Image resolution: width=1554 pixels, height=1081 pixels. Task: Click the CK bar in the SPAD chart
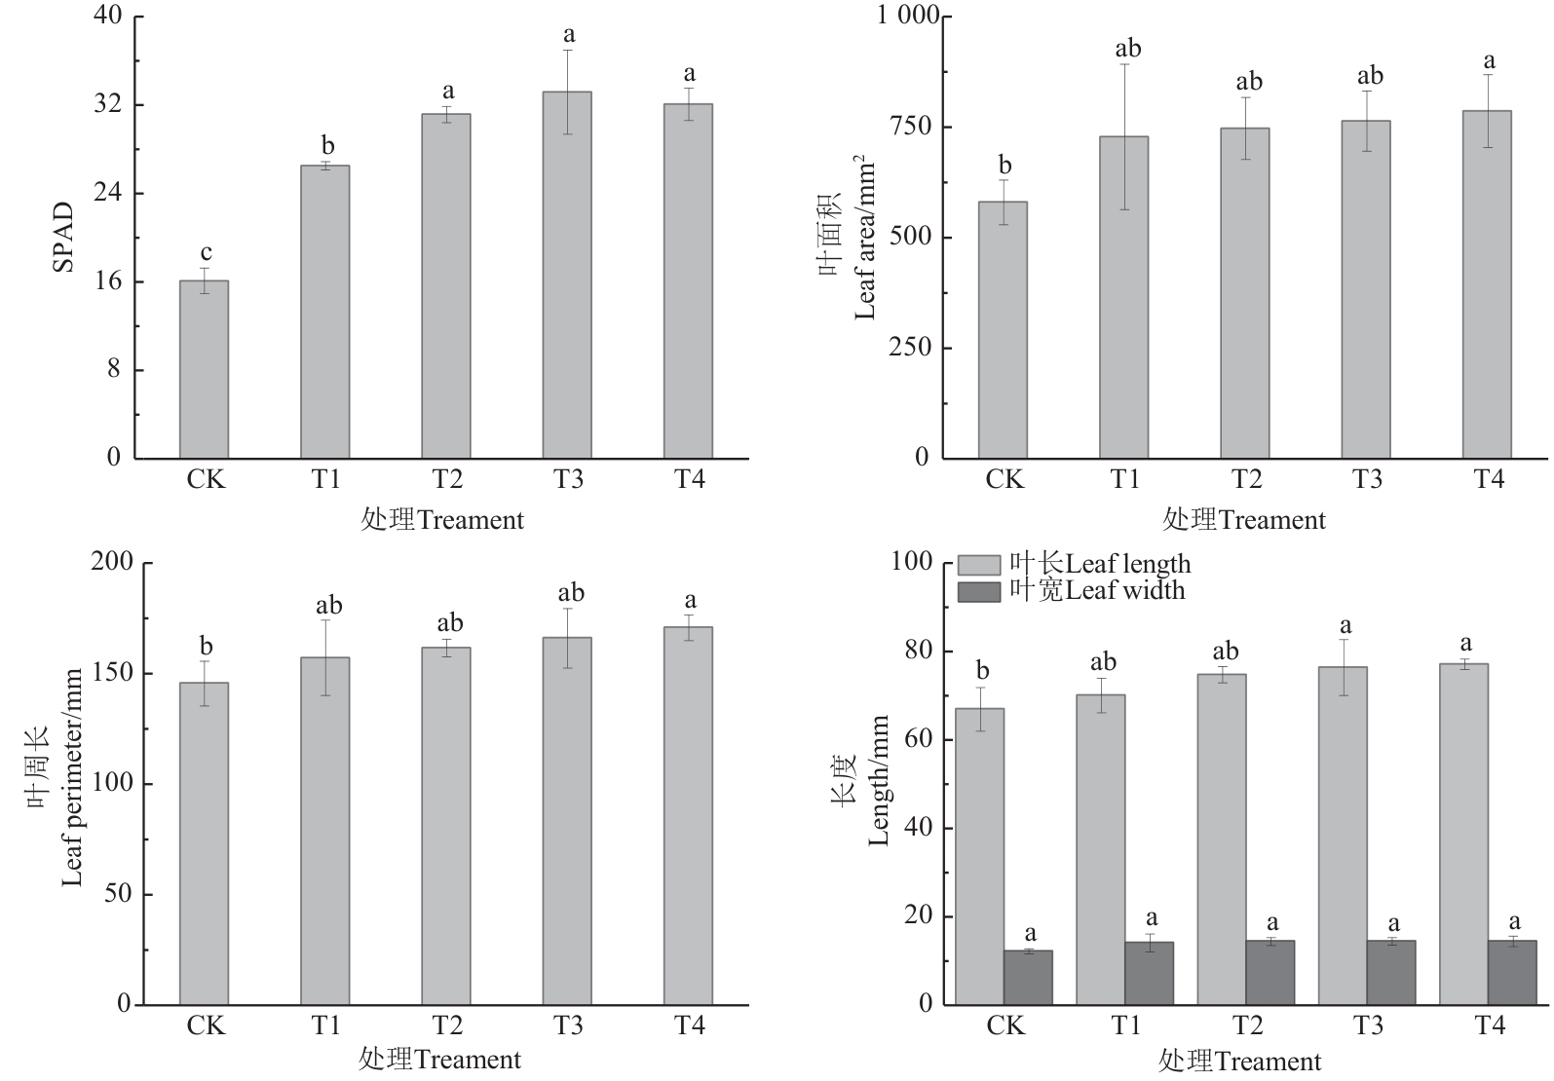coord(204,370)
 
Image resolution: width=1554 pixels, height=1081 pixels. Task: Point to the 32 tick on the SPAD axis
coord(107,105)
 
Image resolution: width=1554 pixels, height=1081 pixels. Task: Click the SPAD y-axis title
coord(63,237)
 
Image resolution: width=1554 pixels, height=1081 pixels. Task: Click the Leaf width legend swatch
coord(979,592)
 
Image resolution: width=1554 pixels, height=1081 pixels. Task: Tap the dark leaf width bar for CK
coord(1028,977)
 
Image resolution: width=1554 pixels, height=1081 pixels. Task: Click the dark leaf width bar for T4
coord(1511,972)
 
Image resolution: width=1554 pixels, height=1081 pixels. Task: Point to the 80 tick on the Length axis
coord(920,652)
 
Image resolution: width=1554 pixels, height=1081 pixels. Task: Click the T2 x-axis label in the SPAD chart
coord(446,479)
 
